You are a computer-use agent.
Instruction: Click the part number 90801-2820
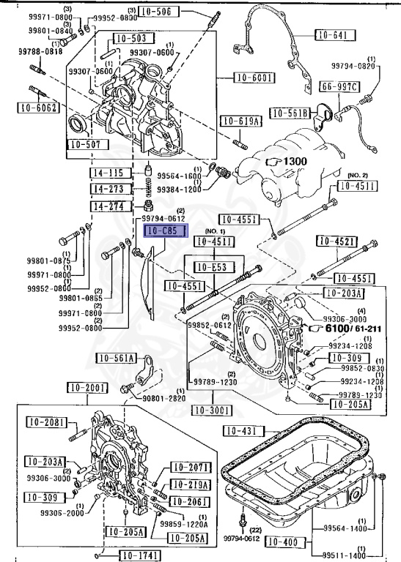tap(164, 398)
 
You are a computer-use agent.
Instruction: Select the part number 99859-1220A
tap(183, 524)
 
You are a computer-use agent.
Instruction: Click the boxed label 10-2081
tap(48, 422)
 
